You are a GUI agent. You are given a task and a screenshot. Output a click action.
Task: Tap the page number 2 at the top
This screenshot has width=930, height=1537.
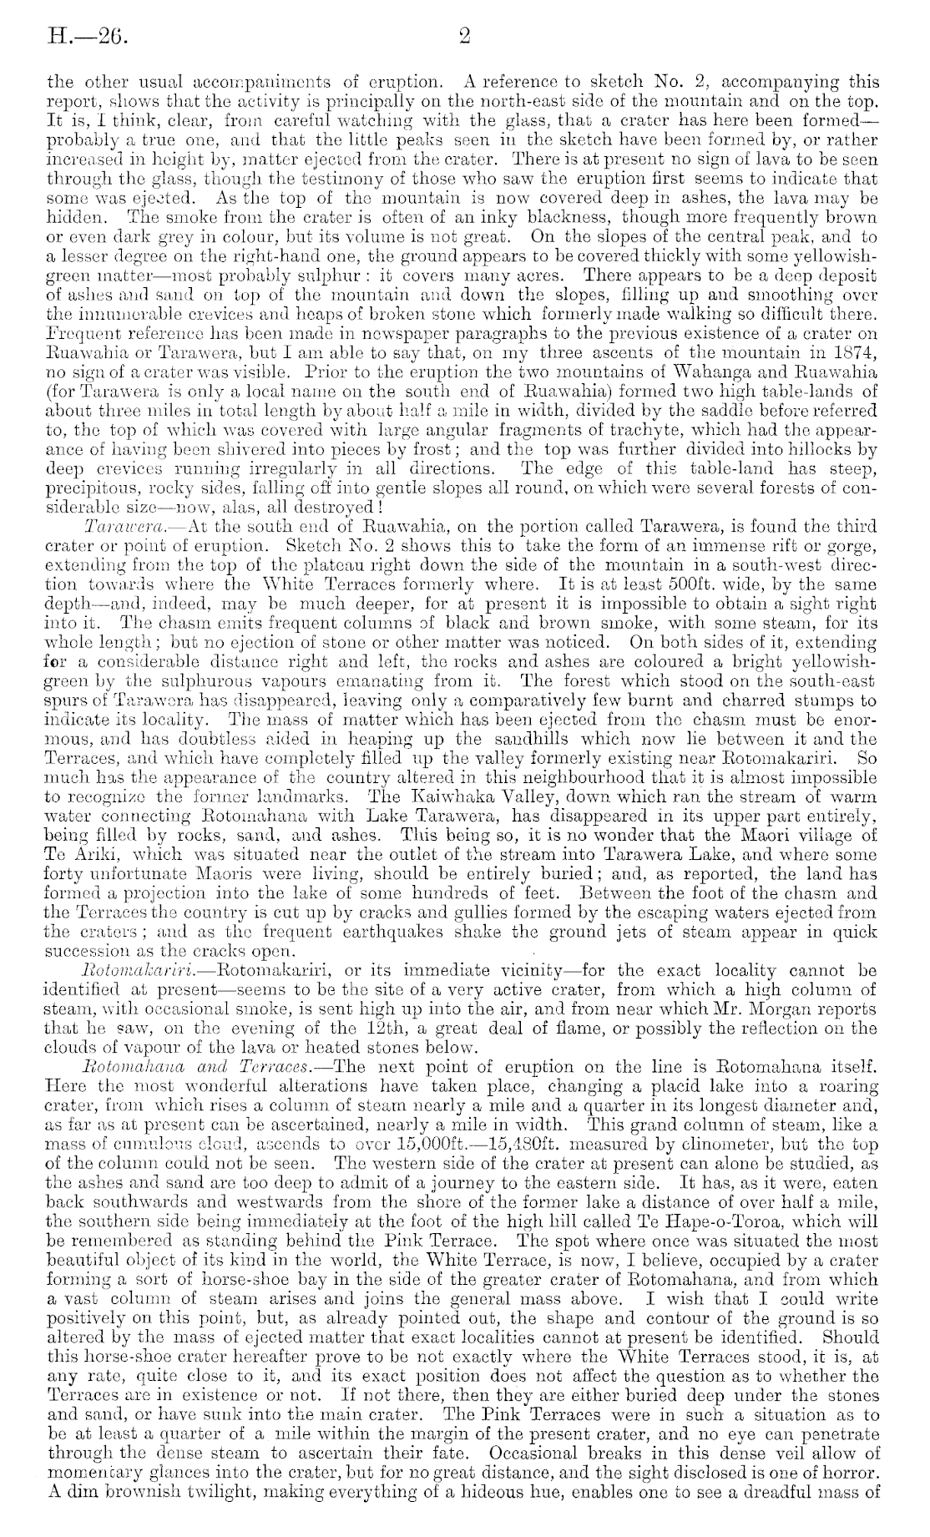click(x=466, y=36)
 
